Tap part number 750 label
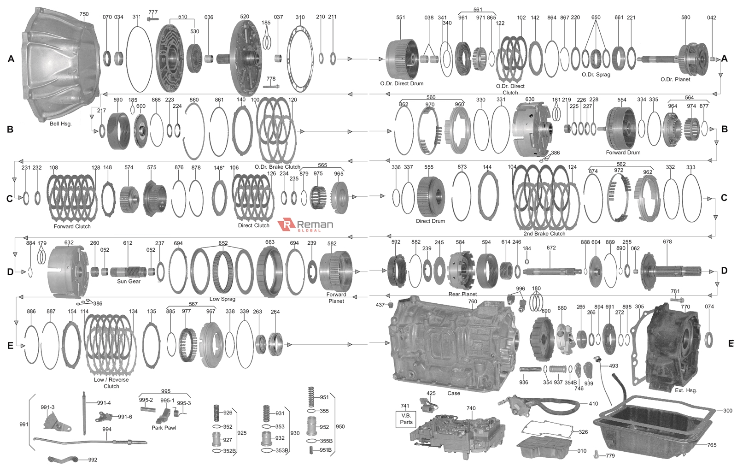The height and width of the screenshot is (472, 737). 84,14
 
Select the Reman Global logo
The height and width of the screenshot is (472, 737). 305,225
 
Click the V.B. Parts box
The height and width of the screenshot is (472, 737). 406,419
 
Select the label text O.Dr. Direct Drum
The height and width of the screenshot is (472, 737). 402,83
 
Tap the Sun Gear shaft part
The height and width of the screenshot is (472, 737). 128,272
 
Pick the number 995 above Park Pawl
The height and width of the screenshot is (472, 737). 165,391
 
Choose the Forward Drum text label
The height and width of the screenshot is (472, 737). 623,153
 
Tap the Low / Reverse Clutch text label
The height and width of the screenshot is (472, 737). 111,383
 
